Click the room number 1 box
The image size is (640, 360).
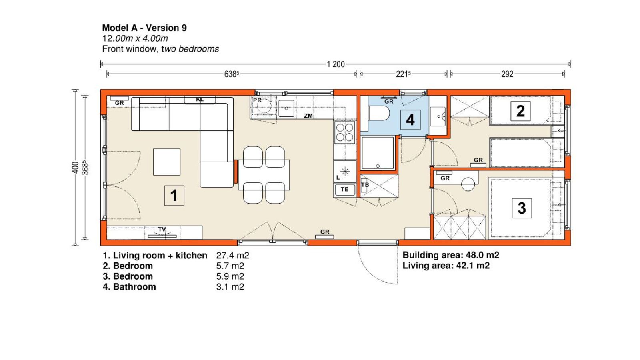[x=174, y=196]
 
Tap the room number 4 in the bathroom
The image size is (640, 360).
[x=410, y=120]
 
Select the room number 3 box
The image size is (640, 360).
[x=522, y=208]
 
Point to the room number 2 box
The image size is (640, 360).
[x=520, y=111]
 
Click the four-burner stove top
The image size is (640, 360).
[x=344, y=132]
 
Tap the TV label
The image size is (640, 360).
[x=162, y=230]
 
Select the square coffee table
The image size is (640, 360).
[x=166, y=162]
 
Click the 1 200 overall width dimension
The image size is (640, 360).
[x=336, y=64]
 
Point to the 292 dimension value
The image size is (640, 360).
[x=508, y=74]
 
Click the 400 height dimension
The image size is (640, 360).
[x=75, y=168]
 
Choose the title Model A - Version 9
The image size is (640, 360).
[x=144, y=28]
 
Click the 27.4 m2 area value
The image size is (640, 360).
[x=232, y=255]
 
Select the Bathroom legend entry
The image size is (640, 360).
[x=130, y=286]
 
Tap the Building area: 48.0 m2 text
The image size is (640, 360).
[x=451, y=255]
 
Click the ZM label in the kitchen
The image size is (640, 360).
[x=308, y=116]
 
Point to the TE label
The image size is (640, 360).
[x=344, y=189]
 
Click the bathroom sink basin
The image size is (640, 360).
[x=438, y=116]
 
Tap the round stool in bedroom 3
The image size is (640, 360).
[x=468, y=184]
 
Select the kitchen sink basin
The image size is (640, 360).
[x=286, y=108]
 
